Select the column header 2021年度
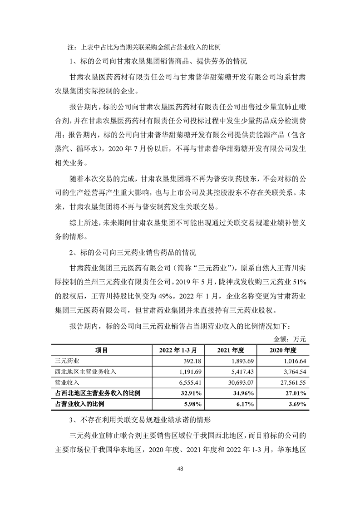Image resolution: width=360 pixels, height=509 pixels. click(231, 350)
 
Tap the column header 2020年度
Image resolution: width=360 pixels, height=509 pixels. click(283, 350)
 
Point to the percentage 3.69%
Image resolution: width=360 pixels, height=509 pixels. click(298, 404)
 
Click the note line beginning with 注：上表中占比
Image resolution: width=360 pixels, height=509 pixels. click(144, 47)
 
